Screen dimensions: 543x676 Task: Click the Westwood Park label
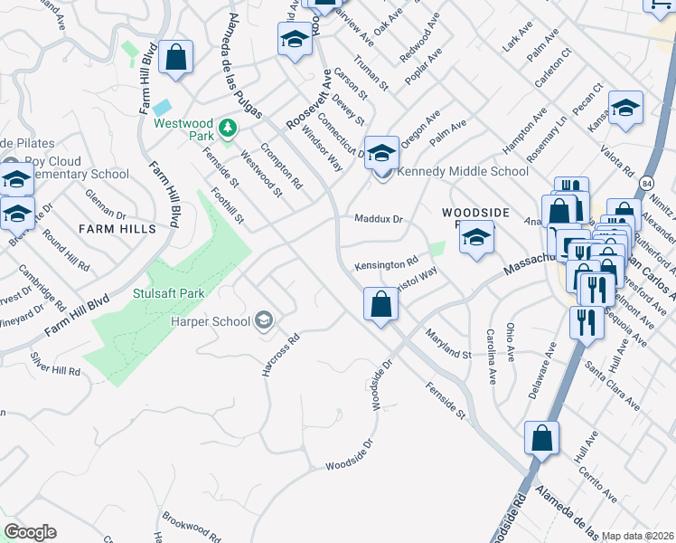pos(190,131)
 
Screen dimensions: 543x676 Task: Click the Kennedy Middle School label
pos(463,171)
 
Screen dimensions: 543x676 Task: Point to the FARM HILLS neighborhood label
pos(117,229)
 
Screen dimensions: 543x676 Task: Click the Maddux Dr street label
pos(378,218)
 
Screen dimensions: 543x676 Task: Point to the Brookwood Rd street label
pos(192,530)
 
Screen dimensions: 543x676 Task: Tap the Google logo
pos(30,532)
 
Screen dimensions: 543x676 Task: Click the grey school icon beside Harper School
pos(264,319)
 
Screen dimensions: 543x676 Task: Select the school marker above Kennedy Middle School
pos(381,151)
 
